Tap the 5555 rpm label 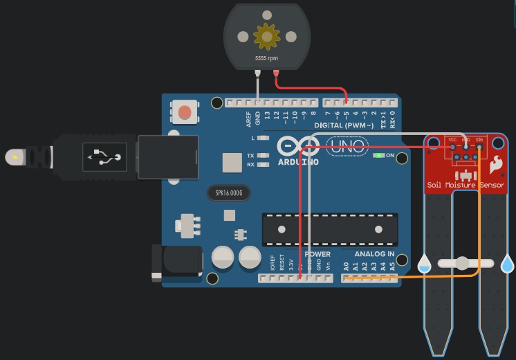point(266,58)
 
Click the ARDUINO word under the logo point(298,162)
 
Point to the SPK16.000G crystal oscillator point(228,192)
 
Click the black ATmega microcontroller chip point(330,230)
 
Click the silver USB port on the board point(167,156)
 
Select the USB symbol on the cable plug point(104,156)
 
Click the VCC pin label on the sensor point(452,139)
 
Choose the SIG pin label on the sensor point(479,139)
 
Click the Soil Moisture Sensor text point(466,185)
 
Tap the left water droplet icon point(424,264)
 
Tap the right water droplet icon point(508,264)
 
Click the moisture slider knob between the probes point(462,263)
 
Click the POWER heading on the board point(317,254)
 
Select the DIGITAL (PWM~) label point(344,125)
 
